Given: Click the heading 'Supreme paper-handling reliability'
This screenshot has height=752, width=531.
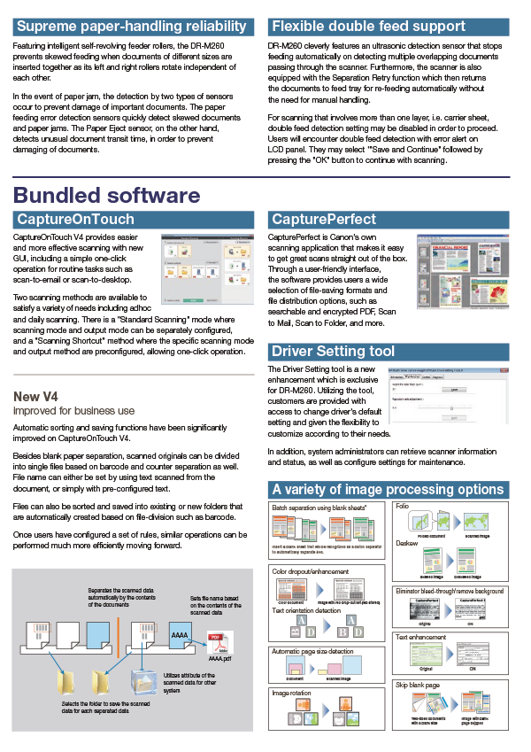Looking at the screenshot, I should [131, 27].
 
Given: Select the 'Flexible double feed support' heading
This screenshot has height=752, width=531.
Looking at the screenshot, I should [368, 27].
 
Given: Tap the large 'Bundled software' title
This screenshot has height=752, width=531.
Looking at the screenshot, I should [107, 194].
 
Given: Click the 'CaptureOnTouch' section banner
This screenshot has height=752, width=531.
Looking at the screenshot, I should [76, 219].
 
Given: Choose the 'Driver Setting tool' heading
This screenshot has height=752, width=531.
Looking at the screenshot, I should [334, 351].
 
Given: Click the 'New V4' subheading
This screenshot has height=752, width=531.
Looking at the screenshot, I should [38, 396].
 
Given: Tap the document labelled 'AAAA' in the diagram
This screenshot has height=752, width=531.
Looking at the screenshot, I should [178, 635].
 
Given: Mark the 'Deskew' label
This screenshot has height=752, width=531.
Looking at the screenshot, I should [407, 542].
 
